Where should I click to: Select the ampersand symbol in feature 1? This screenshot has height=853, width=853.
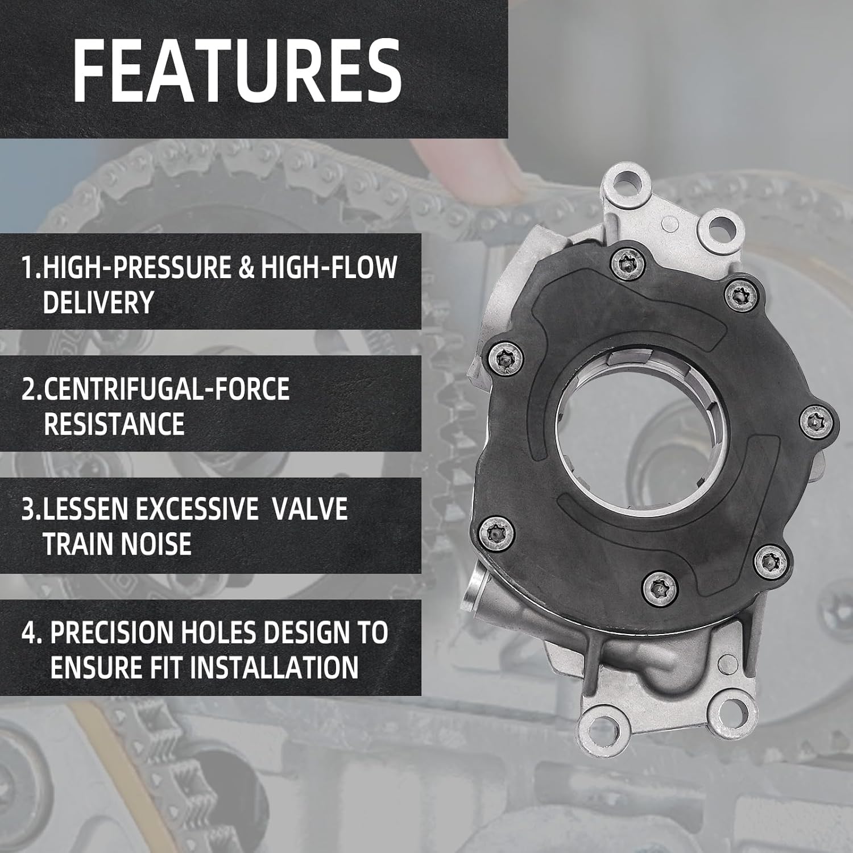246,267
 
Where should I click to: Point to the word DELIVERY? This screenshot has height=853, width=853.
98,303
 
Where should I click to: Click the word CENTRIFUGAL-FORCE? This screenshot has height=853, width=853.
167,390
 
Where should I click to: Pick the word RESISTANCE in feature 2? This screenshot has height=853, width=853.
114,424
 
